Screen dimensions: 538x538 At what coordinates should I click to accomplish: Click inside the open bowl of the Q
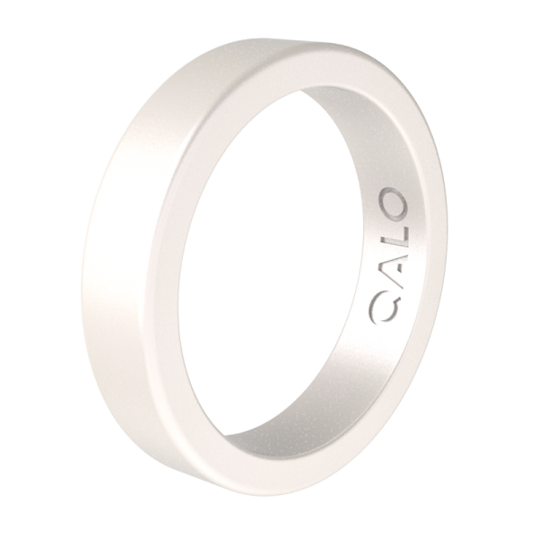pos(386,308)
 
